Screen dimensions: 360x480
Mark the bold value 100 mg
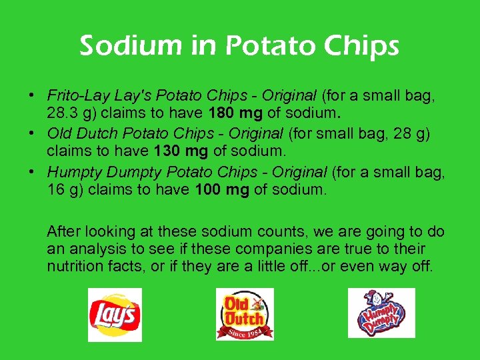pyautogui.click(x=222, y=190)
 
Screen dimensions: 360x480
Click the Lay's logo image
pyautogui.click(x=115, y=315)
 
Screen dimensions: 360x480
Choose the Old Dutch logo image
pyautogui.click(x=244, y=315)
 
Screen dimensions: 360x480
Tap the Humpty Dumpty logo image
pyautogui.click(x=381, y=313)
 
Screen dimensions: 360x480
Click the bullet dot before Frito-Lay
pyautogui.click(x=33, y=95)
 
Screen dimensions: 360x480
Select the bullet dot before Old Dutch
pyautogui.click(x=33, y=133)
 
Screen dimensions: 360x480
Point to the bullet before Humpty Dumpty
pyautogui.click(x=33, y=172)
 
